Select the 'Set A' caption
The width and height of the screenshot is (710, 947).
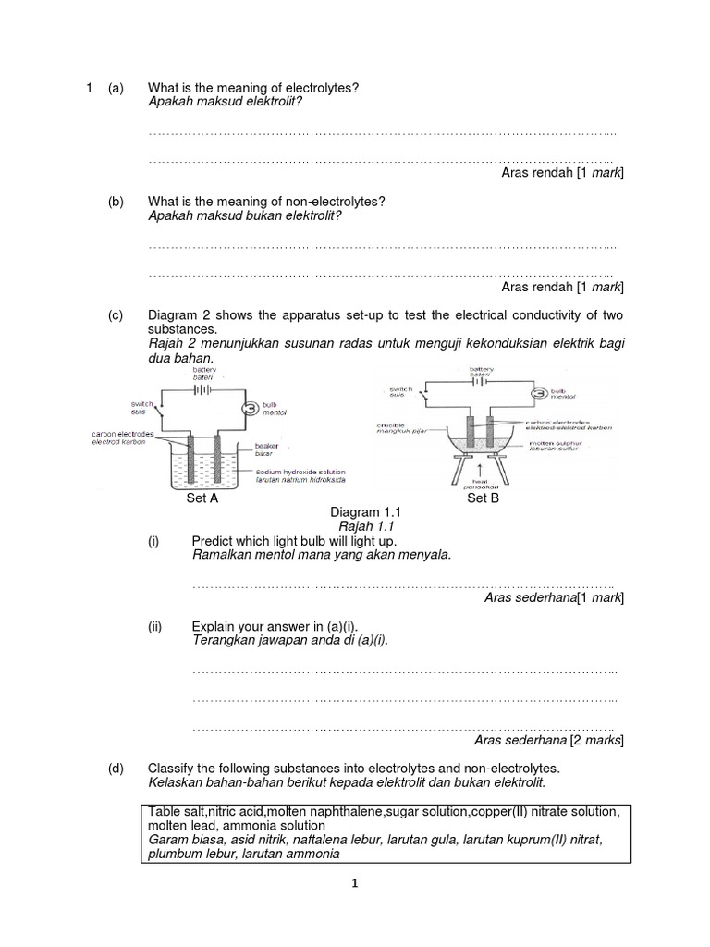[202, 498]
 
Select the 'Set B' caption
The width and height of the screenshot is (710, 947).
[483, 498]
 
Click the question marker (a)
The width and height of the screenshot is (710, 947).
[116, 88]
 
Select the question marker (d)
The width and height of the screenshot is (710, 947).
[116, 769]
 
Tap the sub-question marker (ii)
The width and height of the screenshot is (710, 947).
[155, 626]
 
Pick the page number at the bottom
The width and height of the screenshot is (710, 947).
[353, 884]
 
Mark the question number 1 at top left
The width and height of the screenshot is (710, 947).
[89, 88]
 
